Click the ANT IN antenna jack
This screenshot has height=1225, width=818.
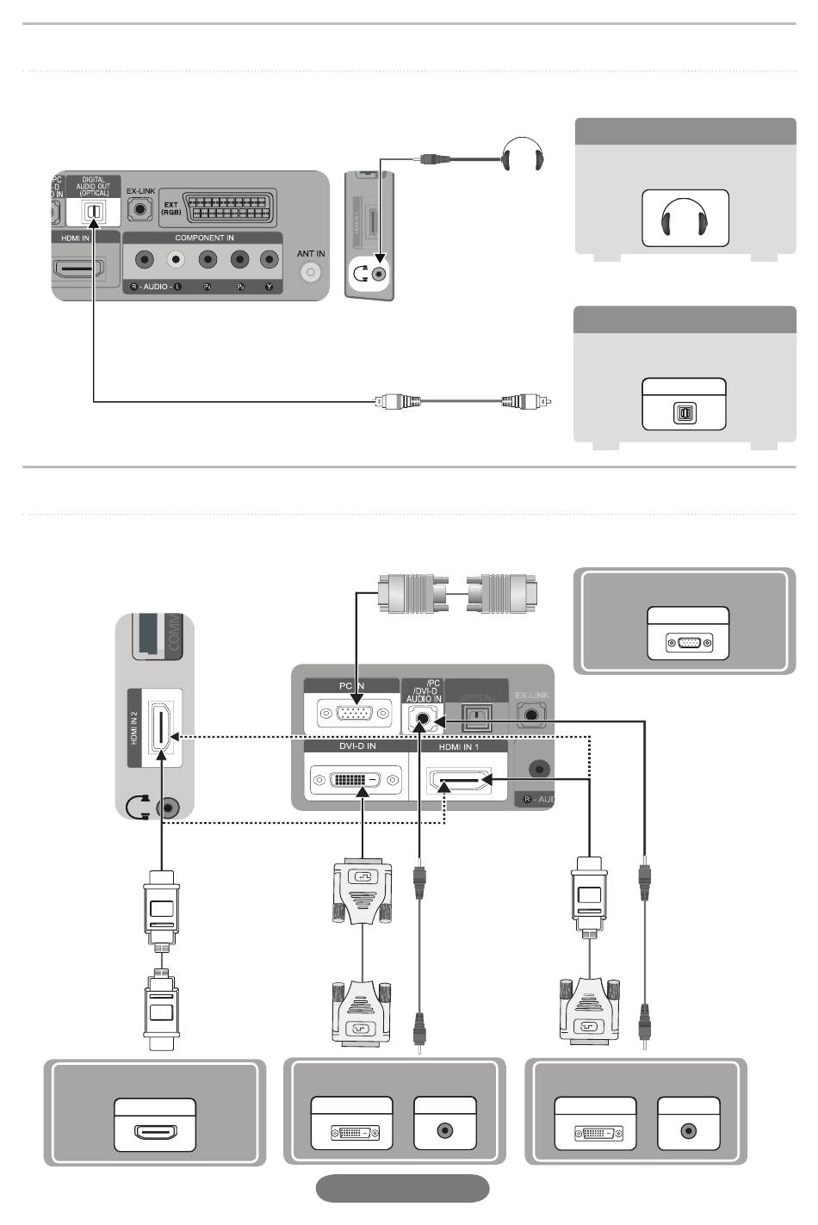(310, 272)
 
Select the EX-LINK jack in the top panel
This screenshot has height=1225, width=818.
(139, 209)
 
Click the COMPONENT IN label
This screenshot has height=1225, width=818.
(204, 238)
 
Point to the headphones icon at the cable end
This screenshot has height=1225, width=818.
(523, 157)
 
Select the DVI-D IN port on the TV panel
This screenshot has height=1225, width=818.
(355, 781)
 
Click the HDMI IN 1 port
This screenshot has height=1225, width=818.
(460, 782)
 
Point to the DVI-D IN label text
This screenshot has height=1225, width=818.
(356, 746)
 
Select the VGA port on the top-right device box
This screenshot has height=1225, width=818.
(689, 642)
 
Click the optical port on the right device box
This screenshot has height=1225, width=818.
(685, 413)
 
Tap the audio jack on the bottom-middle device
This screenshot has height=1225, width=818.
(445, 1130)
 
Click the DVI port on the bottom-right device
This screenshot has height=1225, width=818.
(596, 1133)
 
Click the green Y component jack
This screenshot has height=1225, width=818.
(270, 259)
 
